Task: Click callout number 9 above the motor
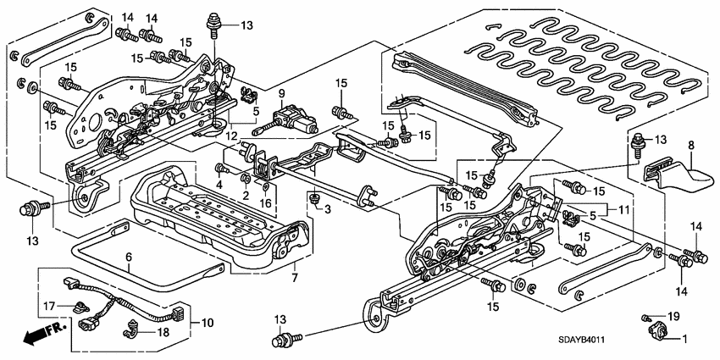(x=282, y=92)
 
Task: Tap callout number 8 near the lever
(x=690, y=146)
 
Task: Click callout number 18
(x=163, y=333)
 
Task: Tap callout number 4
(x=219, y=184)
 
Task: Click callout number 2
(x=246, y=197)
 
